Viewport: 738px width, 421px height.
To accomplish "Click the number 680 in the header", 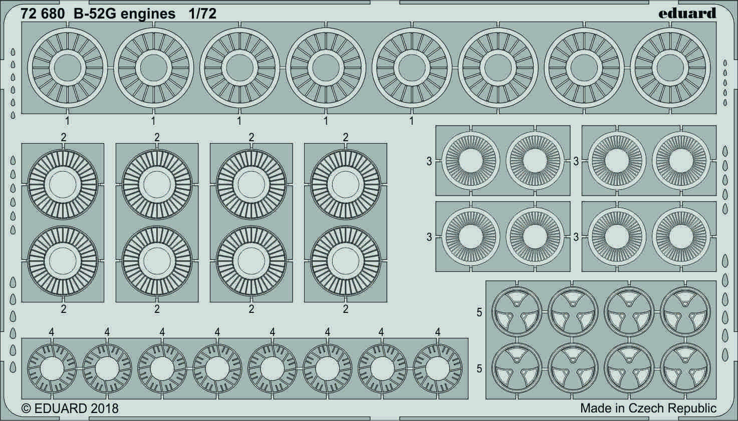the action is pos(54,14).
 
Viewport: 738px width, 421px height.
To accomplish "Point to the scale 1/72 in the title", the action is pos(202,14).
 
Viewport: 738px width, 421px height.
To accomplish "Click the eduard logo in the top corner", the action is pos(687,13).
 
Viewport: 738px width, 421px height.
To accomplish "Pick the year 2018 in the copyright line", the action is pos(104,408).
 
